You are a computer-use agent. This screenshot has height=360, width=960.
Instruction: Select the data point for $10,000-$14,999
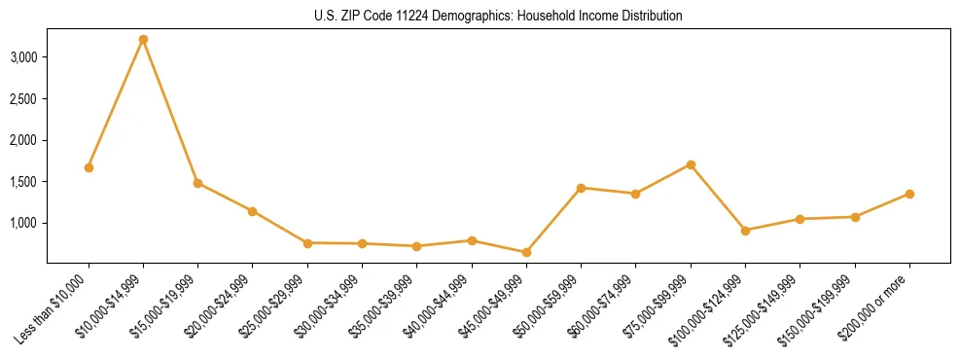[143, 39]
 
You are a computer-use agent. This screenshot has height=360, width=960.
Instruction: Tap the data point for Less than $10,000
[89, 167]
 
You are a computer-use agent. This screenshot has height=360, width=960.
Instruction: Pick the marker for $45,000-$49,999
[526, 252]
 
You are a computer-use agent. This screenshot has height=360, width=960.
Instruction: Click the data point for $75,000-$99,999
[691, 164]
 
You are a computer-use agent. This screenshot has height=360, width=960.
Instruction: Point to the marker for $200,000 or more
[909, 194]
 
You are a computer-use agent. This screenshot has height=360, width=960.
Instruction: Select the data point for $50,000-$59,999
[581, 188]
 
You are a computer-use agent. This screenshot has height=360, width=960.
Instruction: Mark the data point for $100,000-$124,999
[745, 231]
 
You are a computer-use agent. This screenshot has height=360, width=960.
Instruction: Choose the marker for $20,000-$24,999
[253, 211]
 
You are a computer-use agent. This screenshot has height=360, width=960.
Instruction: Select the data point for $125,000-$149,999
[800, 219]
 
